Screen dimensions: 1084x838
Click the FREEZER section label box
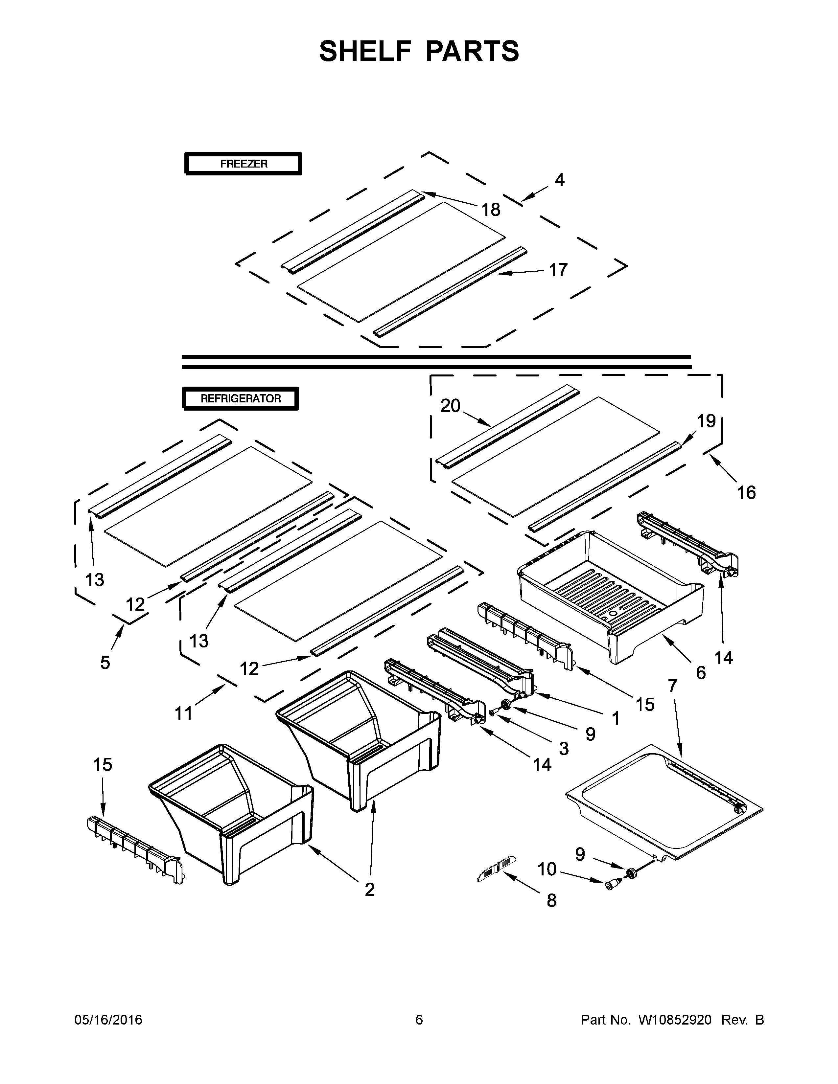243,163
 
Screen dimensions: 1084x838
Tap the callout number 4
560,180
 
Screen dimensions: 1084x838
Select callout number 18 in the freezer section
491,210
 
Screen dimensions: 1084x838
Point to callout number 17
558,270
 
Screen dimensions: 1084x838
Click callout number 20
450,406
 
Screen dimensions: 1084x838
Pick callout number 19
706,421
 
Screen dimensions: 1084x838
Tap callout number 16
746,492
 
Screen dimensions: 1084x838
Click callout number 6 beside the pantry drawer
701,672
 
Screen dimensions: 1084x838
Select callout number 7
672,686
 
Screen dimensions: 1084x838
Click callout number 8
551,901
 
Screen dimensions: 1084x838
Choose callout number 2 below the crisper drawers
369,890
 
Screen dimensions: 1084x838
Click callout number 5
105,662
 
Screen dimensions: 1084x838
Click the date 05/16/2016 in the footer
108,1020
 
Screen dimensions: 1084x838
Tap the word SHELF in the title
365,51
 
